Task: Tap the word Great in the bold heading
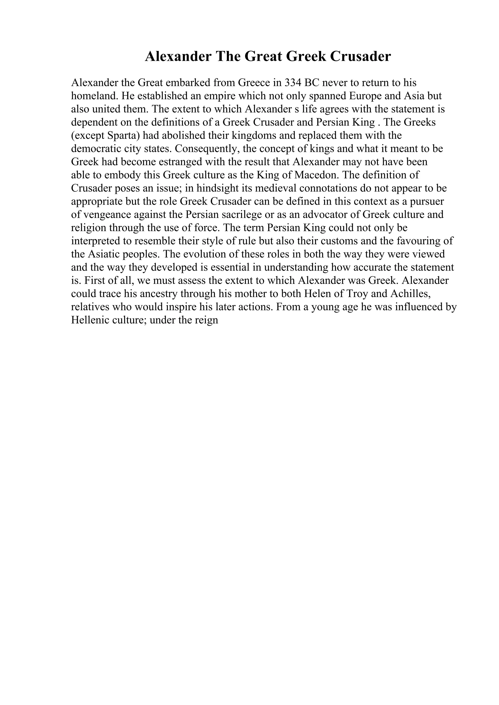point(263,56)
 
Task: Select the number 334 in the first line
point(292,83)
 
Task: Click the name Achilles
point(410,294)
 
